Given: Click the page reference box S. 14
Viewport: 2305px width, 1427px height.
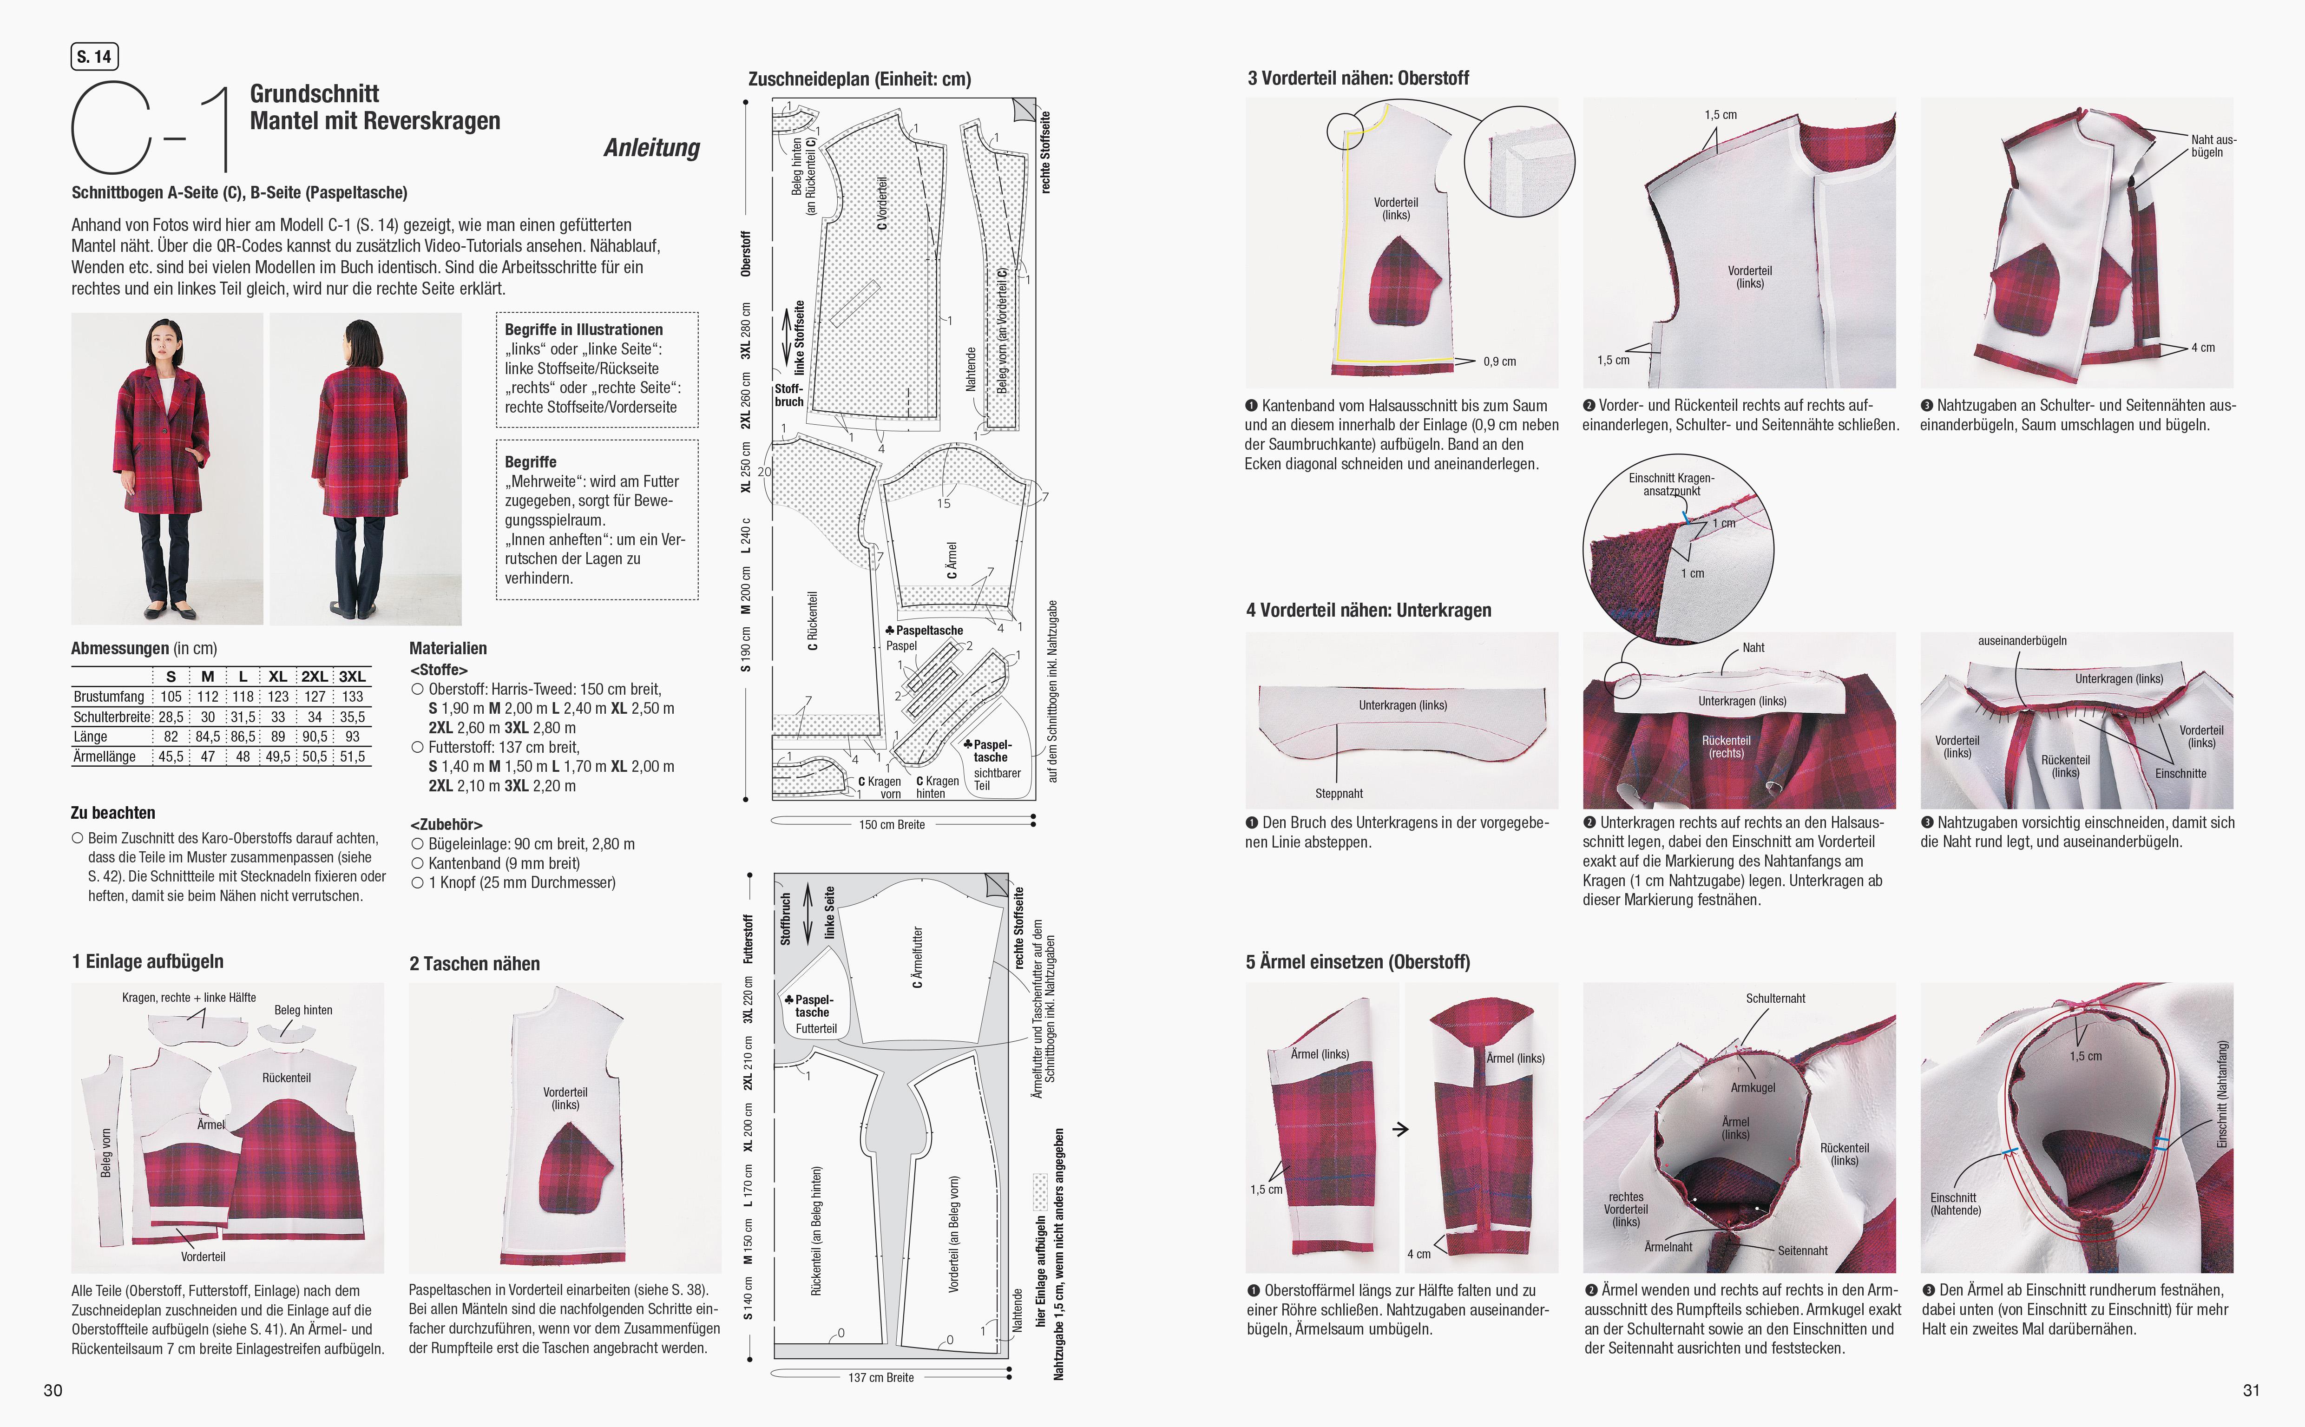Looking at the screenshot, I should click(x=94, y=57).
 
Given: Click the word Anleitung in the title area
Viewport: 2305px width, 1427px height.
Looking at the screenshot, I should click(x=652, y=148).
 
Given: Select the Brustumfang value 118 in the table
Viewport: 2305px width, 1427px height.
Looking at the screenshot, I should click(x=243, y=697).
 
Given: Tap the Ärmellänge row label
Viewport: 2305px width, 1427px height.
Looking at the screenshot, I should click(x=105, y=757).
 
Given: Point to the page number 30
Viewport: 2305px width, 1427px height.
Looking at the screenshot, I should click(x=53, y=1390).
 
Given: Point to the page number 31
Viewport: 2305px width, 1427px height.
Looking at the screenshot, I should click(x=2251, y=1390).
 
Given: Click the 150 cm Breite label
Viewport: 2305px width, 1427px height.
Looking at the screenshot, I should click(x=892, y=825).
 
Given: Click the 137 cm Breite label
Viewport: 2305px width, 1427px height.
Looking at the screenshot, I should click(x=880, y=1378).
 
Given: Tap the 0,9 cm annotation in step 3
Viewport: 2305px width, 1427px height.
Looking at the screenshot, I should click(x=1499, y=362).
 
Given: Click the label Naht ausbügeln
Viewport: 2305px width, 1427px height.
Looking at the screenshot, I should click(x=2213, y=146).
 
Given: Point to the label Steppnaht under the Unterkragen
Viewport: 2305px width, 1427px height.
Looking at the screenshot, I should click(x=1339, y=794).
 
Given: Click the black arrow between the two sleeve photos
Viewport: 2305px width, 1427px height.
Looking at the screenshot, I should click(x=1401, y=1129).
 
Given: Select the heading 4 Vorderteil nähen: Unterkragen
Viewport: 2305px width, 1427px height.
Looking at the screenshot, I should click(x=1368, y=611).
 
